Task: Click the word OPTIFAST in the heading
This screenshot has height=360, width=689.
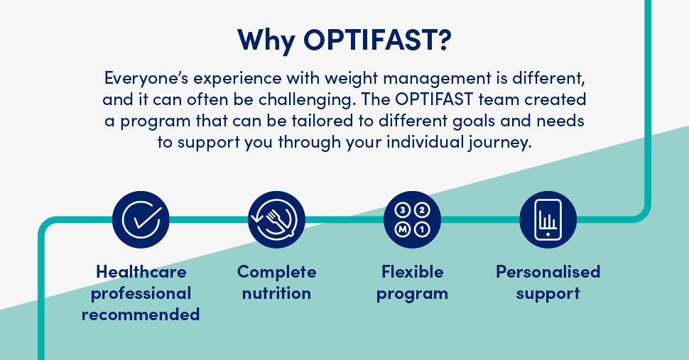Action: [x=377, y=40]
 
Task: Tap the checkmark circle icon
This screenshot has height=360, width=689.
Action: [x=141, y=219]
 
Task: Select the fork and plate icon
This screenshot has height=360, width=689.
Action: [x=276, y=219]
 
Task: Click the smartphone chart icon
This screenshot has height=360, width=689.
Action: [x=548, y=219]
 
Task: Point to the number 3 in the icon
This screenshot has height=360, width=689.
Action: [x=402, y=210]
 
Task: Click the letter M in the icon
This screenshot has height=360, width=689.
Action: [x=402, y=229]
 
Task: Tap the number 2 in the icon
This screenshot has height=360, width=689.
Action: [x=422, y=210]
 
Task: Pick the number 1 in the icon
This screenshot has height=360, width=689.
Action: [x=422, y=229]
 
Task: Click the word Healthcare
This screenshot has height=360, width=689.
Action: [x=141, y=272]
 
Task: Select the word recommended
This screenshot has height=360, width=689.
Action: [x=141, y=315]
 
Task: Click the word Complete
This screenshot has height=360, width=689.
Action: [x=276, y=273]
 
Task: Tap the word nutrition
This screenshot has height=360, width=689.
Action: [x=276, y=293]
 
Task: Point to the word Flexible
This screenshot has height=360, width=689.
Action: [x=412, y=272]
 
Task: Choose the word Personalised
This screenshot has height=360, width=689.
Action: [x=548, y=272]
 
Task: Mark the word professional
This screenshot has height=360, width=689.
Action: [x=141, y=294]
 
